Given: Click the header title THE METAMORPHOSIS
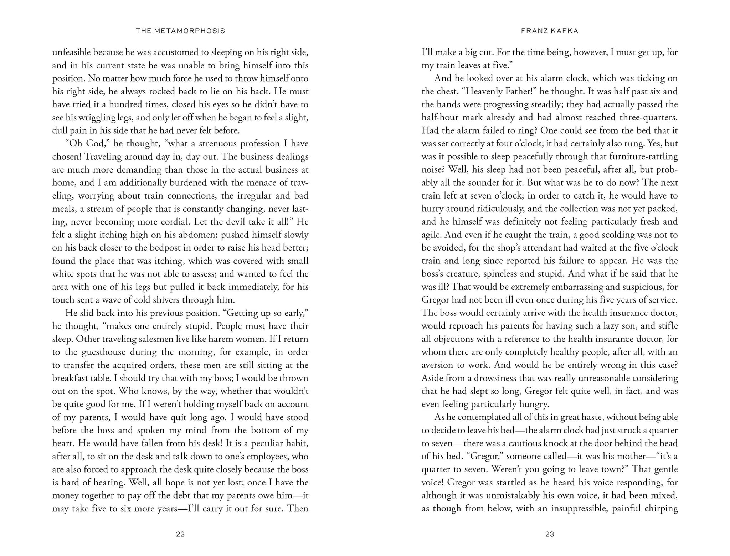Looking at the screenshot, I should pos(180,31).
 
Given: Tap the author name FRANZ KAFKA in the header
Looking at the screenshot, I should pos(549,31).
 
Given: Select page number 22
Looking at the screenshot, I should pos(180,534).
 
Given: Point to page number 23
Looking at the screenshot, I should pos(549,534).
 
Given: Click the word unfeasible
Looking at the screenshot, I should pos(72,52).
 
